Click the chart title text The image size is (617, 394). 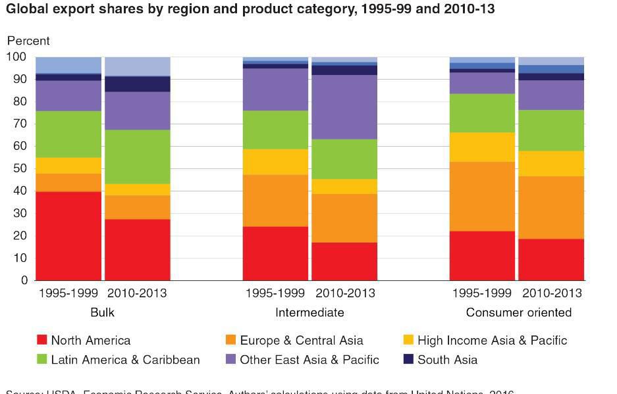tap(250, 9)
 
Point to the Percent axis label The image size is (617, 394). tap(28, 41)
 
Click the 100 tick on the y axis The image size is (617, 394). tap(17, 57)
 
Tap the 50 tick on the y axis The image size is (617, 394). tap(20, 169)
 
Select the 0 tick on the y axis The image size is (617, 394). tap(24, 281)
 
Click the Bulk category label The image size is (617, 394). tap(102, 312)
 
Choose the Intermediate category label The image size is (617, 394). tap(309, 312)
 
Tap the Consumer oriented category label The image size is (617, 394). tap(518, 312)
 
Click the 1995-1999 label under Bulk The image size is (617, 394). tap(68, 293)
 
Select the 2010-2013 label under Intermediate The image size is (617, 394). tap(344, 293)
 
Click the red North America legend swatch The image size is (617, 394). tap(42, 340)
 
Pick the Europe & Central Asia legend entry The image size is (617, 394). tap(301, 341)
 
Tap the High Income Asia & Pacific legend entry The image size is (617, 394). tap(491, 341)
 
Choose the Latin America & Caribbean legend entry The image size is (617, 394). tap(125, 360)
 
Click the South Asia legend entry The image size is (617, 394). tap(447, 360)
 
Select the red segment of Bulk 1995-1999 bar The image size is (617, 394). tap(68, 236)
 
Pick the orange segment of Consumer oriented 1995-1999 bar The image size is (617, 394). tap(482, 197)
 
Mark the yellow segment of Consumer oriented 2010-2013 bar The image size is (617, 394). tap(551, 164)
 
